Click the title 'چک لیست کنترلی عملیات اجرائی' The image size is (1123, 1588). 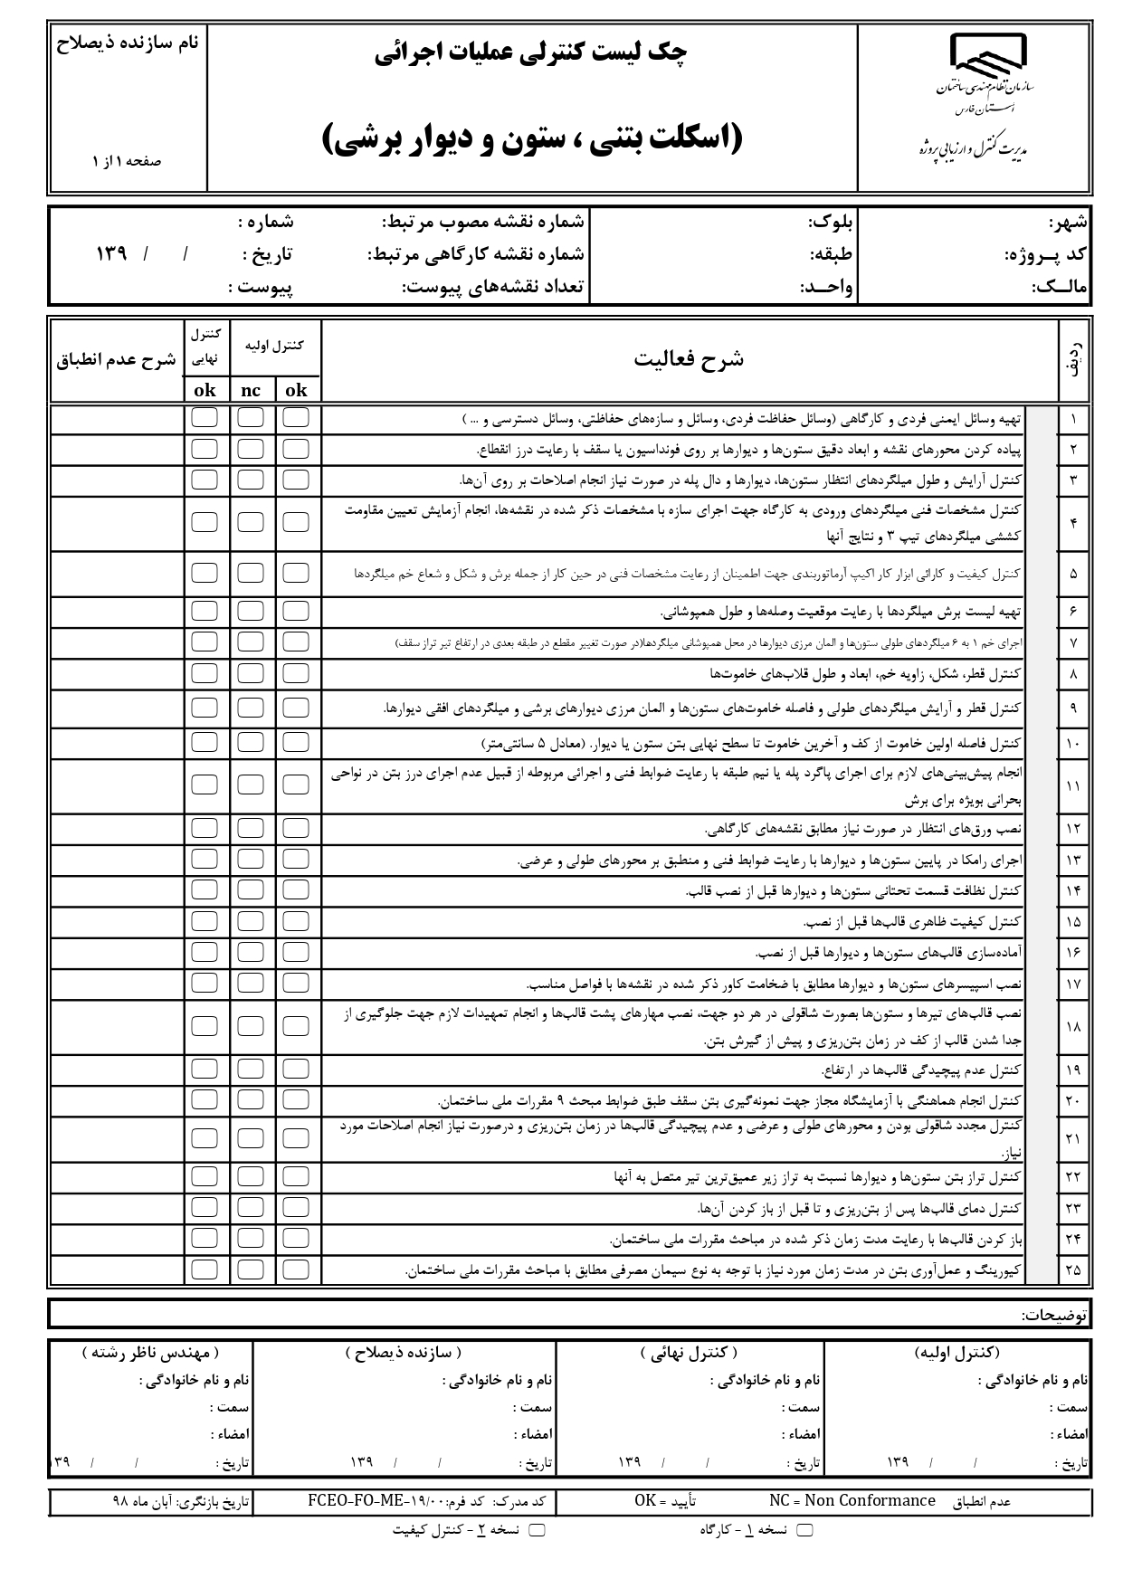click(531, 53)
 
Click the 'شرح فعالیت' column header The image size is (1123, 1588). click(689, 359)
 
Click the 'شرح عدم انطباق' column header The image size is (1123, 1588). click(117, 360)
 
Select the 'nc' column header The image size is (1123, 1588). click(251, 390)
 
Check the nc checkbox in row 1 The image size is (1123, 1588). click(251, 418)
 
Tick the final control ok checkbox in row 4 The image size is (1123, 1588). click(205, 522)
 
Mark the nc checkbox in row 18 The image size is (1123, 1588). click(251, 1025)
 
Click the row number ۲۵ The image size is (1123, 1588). click(1072, 1269)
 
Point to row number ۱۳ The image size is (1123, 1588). click(1072, 860)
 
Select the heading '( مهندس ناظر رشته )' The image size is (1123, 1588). click(149, 1353)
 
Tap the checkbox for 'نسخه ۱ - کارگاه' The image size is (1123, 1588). click(804, 1530)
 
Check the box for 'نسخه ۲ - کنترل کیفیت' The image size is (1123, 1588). click(537, 1530)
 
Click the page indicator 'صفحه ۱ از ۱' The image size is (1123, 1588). click(126, 160)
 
